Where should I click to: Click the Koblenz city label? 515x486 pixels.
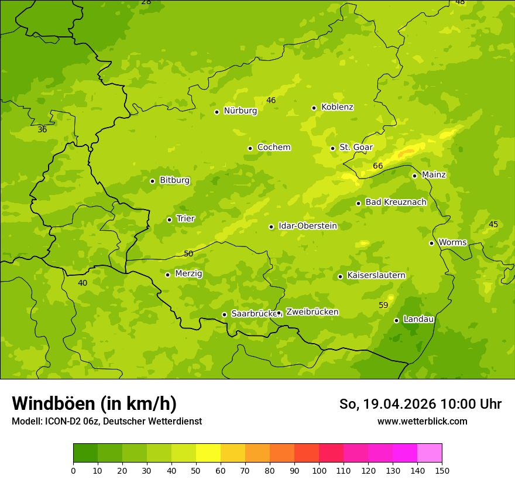click(x=337, y=107)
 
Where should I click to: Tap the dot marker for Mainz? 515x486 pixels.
click(x=414, y=176)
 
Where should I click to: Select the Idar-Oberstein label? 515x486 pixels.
click(x=307, y=226)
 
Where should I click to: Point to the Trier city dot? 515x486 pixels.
click(x=169, y=220)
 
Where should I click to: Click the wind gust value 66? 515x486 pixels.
click(x=378, y=166)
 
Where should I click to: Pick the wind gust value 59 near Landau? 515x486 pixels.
click(x=383, y=305)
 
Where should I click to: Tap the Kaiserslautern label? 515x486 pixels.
click(x=376, y=276)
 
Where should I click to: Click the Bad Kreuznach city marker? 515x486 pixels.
click(x=358, y=203)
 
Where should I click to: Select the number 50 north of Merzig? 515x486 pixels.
click(x=188, y=254)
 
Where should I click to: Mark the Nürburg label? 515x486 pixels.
click(x=240, y=111)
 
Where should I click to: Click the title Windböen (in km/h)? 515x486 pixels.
click(x=94, y=403)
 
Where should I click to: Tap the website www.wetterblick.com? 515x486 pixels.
click(x=422, y=421)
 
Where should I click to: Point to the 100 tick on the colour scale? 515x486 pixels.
click(x=319, y=470)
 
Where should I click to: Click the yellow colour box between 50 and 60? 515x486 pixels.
click(x=208, y=453)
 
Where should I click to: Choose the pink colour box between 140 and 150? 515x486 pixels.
click(x=430, y=453)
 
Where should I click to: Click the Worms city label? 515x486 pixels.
click(x=452, y=242)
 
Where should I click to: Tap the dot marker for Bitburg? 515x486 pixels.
click(x=152, y=181)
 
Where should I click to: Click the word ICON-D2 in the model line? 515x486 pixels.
click(x=59, y=422)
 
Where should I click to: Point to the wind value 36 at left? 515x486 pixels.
click(x=42, y=129)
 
